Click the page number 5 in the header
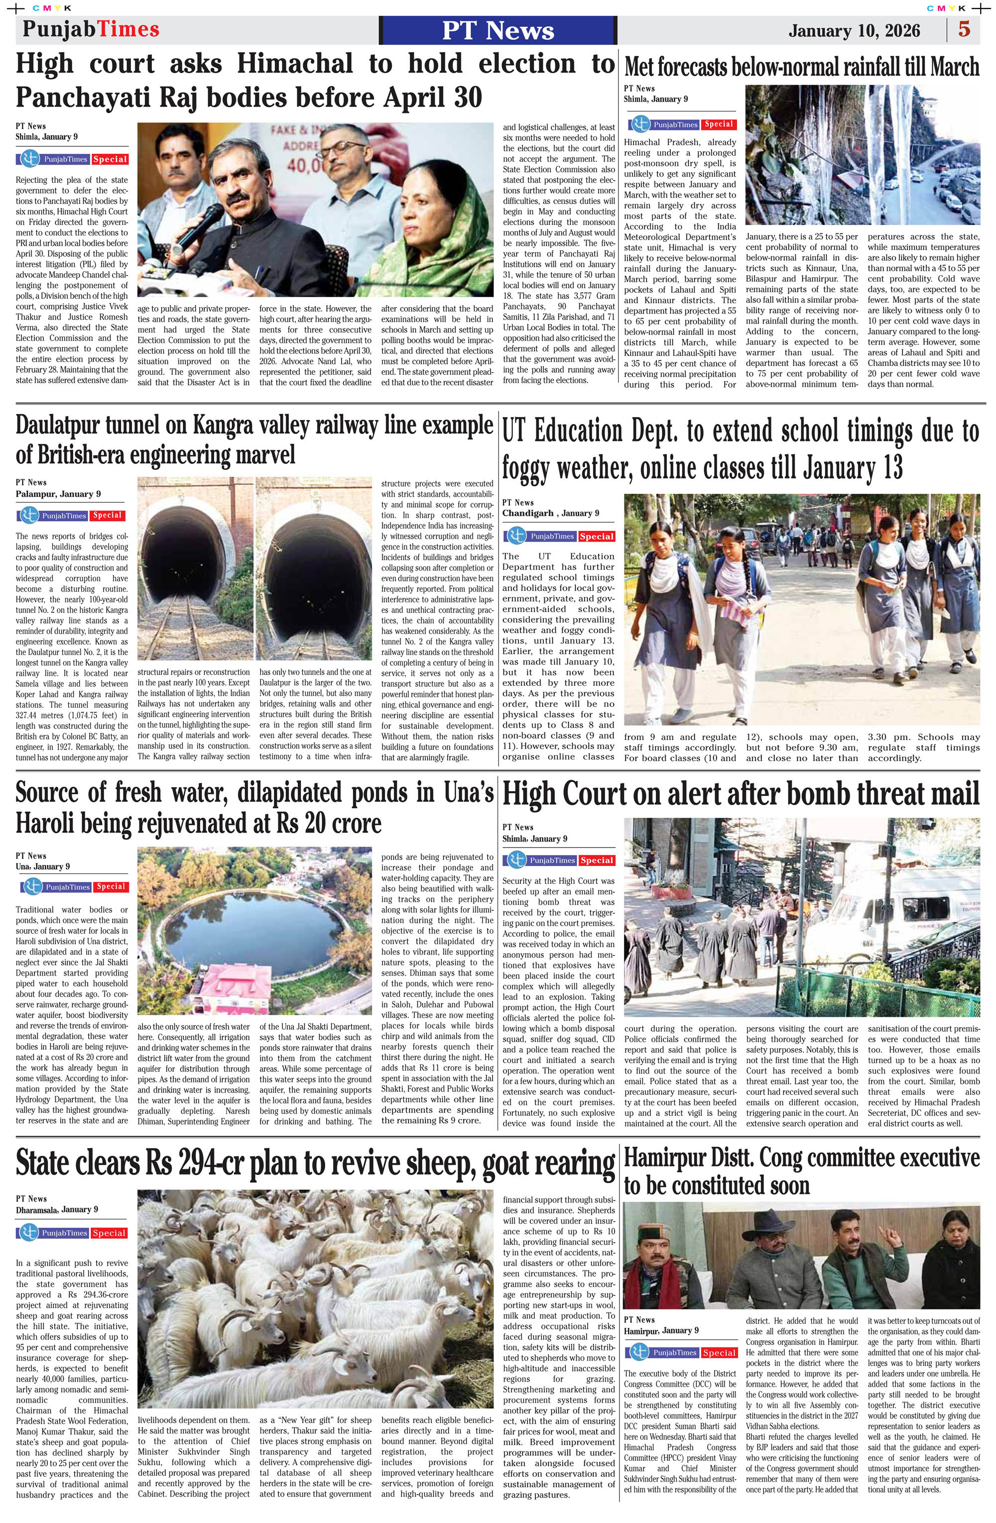click(x=963, y=30)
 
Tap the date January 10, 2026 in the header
click(x=854, y=31)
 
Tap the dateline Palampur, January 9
click(x=58, y=494)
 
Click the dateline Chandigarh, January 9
click(x=550, y=513)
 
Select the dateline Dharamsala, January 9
click(x=57, y=1209)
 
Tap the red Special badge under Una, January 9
click(x=111, y=887)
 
